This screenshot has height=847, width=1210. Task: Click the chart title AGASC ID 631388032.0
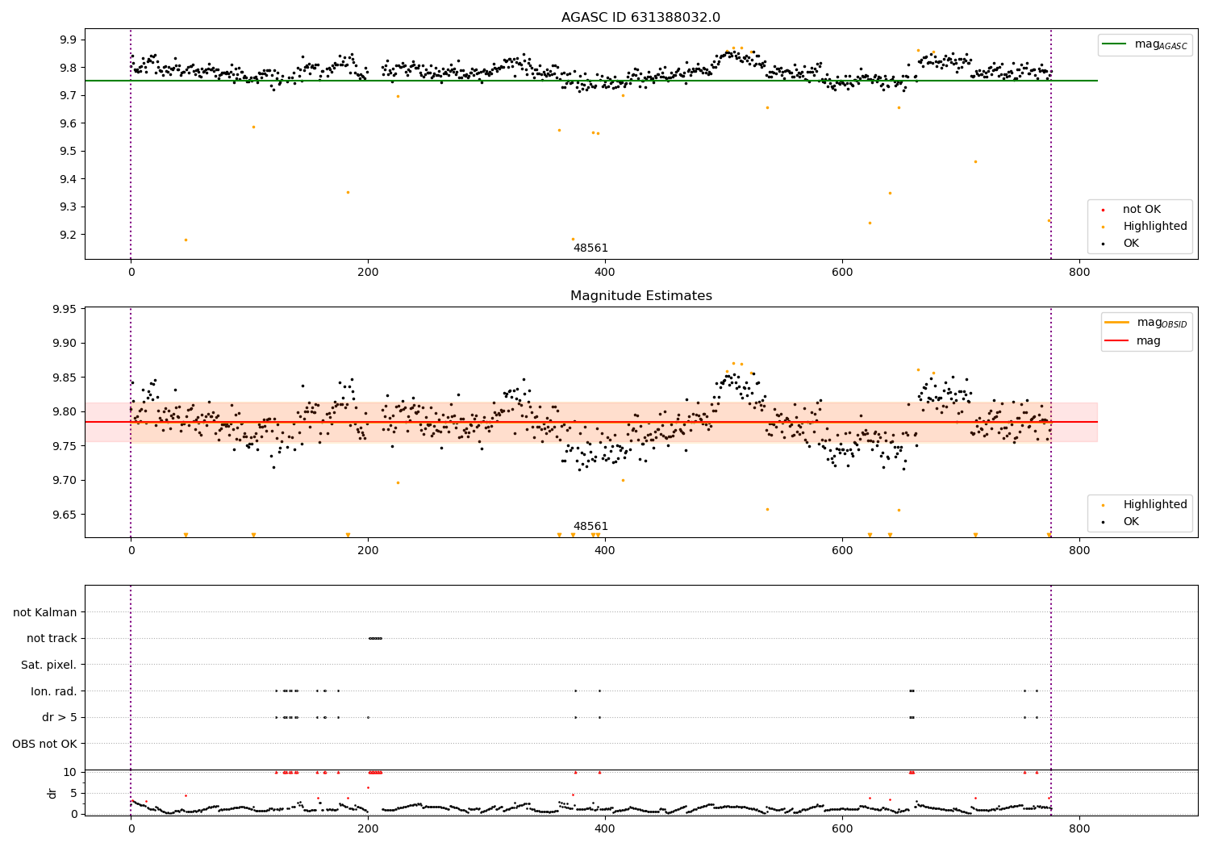pyautogui.click(x=640, y=18)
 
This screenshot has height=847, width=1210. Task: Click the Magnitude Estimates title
pyautogui.click(x=640, y=296)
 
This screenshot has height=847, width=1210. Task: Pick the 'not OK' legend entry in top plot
pyautogui.click(x=1141, y=210)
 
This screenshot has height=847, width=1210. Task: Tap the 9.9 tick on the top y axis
pyautogui.click(x=67, y=40)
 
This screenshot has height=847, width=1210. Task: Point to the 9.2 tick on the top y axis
pyautogui.click(x=67, y=235)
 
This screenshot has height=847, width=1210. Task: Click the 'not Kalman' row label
pyautogui.click(x=45, y=612)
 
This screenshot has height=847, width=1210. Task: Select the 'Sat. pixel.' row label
pyautogui.click(x=48, y=665)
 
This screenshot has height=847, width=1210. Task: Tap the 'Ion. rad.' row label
pyautogui.click(x=54, y=691)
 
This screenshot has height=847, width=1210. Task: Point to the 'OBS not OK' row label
pyautogui.click(x=44, y=744)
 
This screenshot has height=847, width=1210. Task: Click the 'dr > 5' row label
pyautogui.click(x=59, y=717)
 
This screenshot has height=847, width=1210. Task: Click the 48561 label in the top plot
pyautogui.click(x=590, y=248)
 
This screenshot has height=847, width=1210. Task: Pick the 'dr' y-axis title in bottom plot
pyautogui.click(x=52, y=793)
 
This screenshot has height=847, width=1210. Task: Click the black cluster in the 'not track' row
pyautogui.click(x=375, y=638)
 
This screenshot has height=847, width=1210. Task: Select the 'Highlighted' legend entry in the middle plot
pyautogui.click(x=1154, y=505)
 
